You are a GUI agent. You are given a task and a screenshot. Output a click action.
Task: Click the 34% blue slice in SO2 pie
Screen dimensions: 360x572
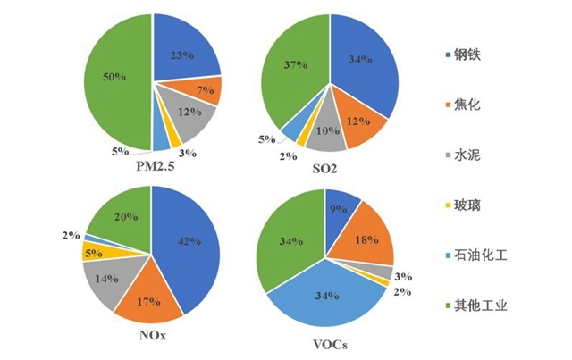click(x=362, y=67)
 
